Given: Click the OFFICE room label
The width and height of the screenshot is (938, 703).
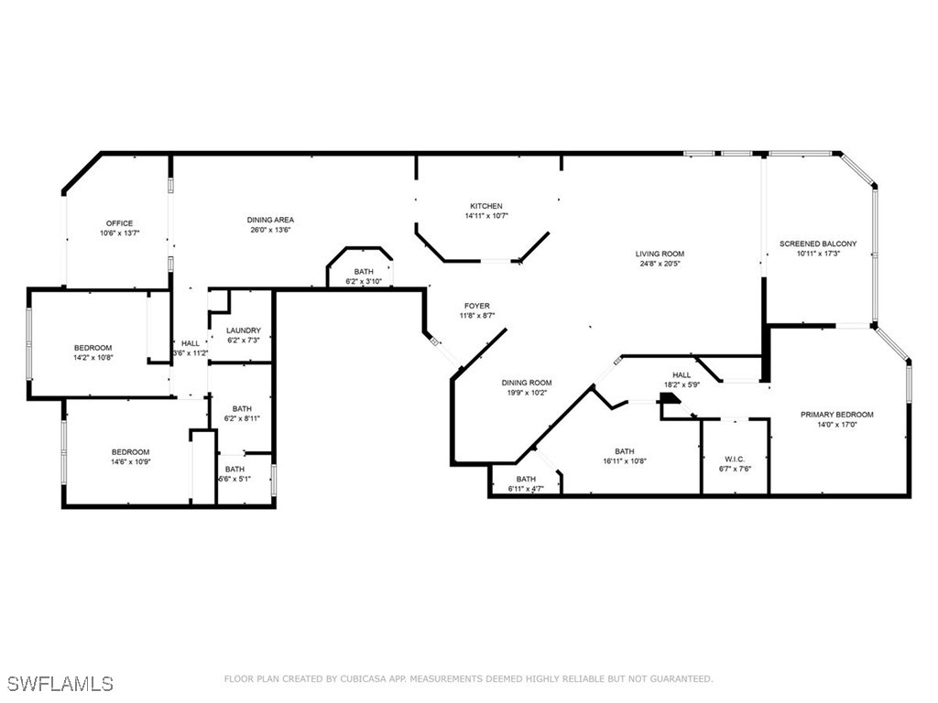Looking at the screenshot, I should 119,223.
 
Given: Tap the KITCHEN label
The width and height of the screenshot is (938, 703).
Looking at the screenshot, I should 486,206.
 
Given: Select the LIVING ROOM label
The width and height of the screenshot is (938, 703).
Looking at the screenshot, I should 660,254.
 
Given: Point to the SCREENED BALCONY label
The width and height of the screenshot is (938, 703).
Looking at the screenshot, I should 818,243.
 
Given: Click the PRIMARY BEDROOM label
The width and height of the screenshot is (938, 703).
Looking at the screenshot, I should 836,415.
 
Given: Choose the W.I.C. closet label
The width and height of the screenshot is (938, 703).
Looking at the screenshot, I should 734,460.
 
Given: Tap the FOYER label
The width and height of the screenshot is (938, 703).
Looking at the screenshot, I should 476,306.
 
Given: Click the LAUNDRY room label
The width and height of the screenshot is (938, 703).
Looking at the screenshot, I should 244,330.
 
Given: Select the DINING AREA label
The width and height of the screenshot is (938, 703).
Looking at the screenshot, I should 270,220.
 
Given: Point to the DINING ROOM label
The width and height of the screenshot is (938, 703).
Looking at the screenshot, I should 527,383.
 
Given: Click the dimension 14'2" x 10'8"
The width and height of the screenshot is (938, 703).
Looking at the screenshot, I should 93,358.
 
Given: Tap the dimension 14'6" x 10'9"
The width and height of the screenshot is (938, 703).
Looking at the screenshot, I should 130,462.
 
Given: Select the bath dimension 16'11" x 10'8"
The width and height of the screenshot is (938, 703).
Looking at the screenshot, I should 624,462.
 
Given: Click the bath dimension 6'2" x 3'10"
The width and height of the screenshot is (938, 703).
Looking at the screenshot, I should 364,282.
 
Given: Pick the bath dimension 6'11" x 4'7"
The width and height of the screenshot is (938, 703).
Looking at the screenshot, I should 526,490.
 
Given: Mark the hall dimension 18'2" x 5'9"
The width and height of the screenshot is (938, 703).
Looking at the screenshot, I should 682,385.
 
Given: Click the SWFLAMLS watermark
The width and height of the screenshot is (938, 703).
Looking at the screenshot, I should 60,684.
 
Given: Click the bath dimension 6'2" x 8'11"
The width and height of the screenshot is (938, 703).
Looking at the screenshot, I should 242,418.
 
